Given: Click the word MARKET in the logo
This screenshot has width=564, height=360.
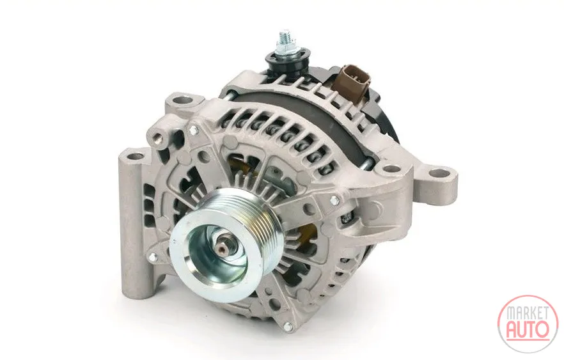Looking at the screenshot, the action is pyautogui.click(x=528, y=313).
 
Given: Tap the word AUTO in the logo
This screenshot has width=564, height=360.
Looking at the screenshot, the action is pyautogui.click(x=528, y=329).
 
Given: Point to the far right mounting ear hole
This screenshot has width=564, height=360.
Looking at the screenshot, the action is pyautogui.click(x=440, y=174).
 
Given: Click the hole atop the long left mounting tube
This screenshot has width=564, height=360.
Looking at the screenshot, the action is pyautogui.click(x=136, y=157).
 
